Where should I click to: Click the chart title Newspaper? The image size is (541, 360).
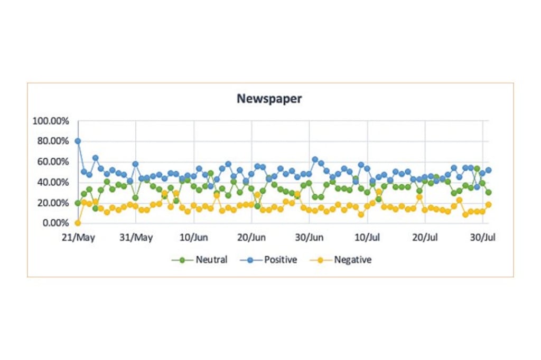269,99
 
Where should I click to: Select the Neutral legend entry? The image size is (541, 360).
211,260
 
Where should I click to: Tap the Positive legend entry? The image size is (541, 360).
280,260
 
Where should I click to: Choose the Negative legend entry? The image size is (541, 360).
352,260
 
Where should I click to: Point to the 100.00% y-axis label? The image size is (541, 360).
51,121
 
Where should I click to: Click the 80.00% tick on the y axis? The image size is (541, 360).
53,141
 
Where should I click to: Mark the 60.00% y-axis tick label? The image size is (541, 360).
53,162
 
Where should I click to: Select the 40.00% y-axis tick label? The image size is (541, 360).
53,182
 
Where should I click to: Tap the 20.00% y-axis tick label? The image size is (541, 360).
53,203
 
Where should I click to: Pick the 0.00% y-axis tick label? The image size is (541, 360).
55,223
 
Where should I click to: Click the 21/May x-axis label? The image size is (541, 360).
78,237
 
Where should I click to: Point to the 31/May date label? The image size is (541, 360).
136,237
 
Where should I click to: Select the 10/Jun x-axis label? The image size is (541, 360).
194,237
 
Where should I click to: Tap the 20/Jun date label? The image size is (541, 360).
251,237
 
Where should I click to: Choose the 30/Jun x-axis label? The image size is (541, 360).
310,237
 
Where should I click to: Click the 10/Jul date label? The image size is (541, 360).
367,237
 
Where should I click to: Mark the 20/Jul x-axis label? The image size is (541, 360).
425,237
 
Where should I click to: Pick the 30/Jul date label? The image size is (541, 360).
482,237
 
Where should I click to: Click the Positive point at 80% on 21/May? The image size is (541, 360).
78,141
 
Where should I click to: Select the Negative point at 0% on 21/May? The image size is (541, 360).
78,223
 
